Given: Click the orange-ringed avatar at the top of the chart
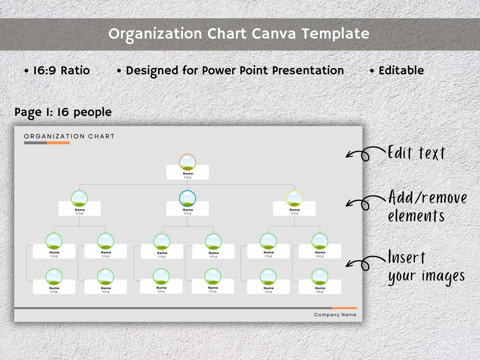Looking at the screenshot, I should click(x=187, y=162).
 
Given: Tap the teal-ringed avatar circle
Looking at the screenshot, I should click(x=187, y=198).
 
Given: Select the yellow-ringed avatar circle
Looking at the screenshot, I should click(x=294, y=198).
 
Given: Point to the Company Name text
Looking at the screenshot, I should click(x=335, y=315).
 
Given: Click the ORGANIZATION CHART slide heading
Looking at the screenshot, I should click(x=69, y=136).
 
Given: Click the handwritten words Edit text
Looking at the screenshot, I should click(x=416, y=153).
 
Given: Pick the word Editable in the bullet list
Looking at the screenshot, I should click(x=401, y=70).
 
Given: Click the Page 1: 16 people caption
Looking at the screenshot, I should click(x=63, y=112).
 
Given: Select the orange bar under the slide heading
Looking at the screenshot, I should click(x=58, y=143).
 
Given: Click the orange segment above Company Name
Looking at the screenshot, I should click(x=344, y=308).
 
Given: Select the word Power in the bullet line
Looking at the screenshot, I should click(x=218, y=70).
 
